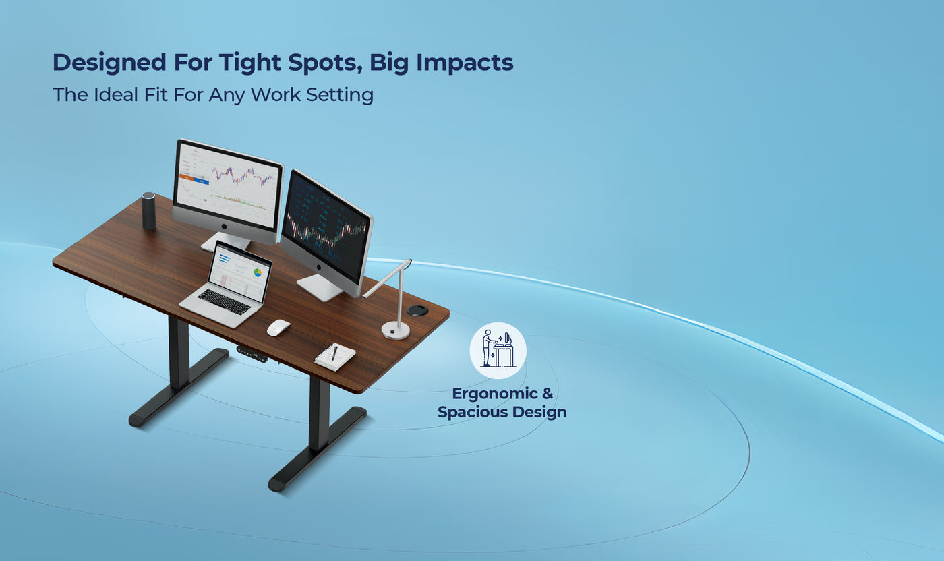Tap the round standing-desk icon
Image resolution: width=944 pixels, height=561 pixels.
pyautogui.click(x=498, y=350)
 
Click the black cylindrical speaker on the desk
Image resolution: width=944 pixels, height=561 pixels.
pyautogui.click(x=148, y=211)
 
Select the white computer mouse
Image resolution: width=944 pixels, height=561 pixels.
pyautogui.click(x=278, y=328)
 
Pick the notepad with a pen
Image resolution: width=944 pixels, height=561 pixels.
pyautogui.click(x=335, y=356)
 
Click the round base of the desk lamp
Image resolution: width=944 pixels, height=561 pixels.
pyautogui.click(x=395, y=330)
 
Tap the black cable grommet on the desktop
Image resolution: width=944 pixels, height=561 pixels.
pyautogui.click(x=417, y=309)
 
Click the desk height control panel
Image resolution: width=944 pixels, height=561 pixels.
pyautogui.click(x=251, y=353)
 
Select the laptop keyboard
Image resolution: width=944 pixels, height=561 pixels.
pyautogui.click(x=224, y=301)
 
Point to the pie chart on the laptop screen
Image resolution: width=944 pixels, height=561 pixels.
pyautogui.click(x=258, y=273)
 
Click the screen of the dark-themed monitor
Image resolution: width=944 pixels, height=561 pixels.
pyautogui.click(x=326, y=227)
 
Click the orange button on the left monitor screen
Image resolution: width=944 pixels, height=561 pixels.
pyautogui.click(x=185, y=179)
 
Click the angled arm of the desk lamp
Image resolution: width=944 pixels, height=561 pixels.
pyautogui.click(x=386, y=278)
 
